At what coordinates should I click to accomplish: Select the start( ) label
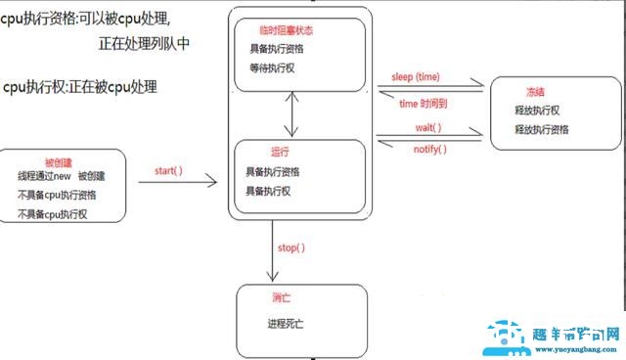(x=169, y=171)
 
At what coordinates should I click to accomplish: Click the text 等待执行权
(x=273, y=67)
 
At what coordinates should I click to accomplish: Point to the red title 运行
(x=279, y=153)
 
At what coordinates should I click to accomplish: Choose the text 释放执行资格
(x=541, y=129)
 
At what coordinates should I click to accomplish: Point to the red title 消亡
(x=279, y=297)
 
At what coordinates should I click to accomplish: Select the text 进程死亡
(x=288, y=323)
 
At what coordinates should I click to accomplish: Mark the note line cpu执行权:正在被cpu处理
(x=80, y=88)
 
